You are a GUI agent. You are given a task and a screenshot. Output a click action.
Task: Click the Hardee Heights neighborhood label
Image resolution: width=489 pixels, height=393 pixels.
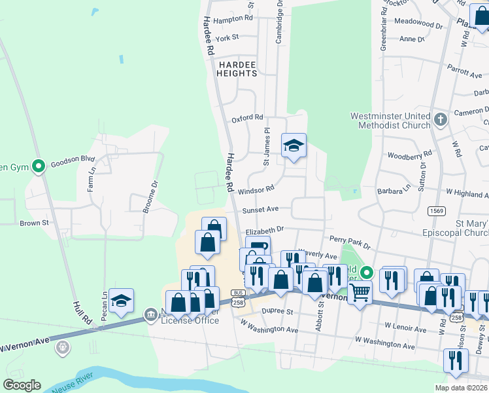point(238,69)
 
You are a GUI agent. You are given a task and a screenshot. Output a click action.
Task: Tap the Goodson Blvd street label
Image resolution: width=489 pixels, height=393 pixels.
point(73,159)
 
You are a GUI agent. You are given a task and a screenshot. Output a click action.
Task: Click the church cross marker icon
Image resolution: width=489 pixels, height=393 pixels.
point(441,120)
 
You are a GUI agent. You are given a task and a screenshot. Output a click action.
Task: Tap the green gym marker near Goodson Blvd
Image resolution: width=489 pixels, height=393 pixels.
point(39,167)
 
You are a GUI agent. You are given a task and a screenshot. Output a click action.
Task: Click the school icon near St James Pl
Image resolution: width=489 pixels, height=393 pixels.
point(294,146)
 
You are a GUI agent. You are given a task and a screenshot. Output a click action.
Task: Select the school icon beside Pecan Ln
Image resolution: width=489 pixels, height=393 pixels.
point(122,301)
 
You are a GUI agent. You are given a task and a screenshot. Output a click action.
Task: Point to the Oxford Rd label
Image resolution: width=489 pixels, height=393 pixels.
point(247,119)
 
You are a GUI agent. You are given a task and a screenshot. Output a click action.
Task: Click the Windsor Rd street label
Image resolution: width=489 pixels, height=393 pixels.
point(255,190)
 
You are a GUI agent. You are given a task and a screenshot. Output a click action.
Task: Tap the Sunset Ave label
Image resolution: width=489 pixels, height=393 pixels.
point(261,210)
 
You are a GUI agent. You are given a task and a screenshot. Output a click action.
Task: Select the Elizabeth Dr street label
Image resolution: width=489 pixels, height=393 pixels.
point(264,231)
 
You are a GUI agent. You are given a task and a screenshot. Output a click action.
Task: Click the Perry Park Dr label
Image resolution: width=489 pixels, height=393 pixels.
point(350,243)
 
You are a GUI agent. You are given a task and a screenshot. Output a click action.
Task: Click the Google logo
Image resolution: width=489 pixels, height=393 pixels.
point(22,385)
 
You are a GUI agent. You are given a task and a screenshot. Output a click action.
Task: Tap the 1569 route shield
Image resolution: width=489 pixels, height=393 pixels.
point(437,210)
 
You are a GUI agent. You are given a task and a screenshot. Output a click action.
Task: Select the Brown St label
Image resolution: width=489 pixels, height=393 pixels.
point(35,223)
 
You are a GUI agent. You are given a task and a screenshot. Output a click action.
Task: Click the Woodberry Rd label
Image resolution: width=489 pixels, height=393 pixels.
point(410,156)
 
